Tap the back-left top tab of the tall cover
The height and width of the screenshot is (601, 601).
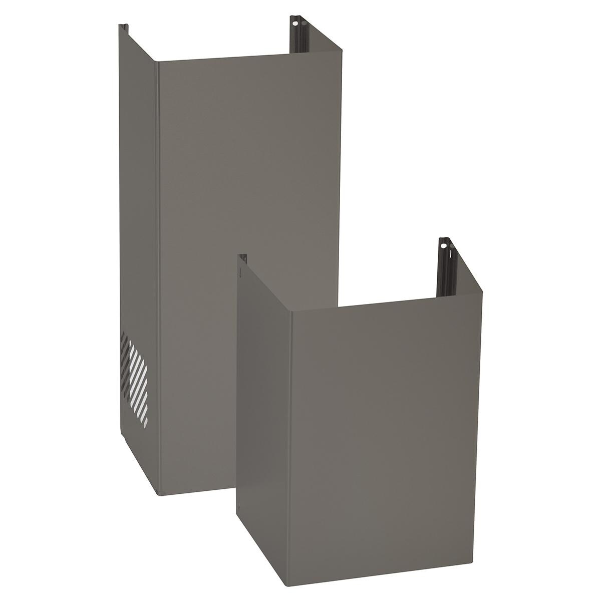point(122,28)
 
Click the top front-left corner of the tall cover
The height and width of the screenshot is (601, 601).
point(157,63)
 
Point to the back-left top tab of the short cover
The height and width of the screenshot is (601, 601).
point(242,258)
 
